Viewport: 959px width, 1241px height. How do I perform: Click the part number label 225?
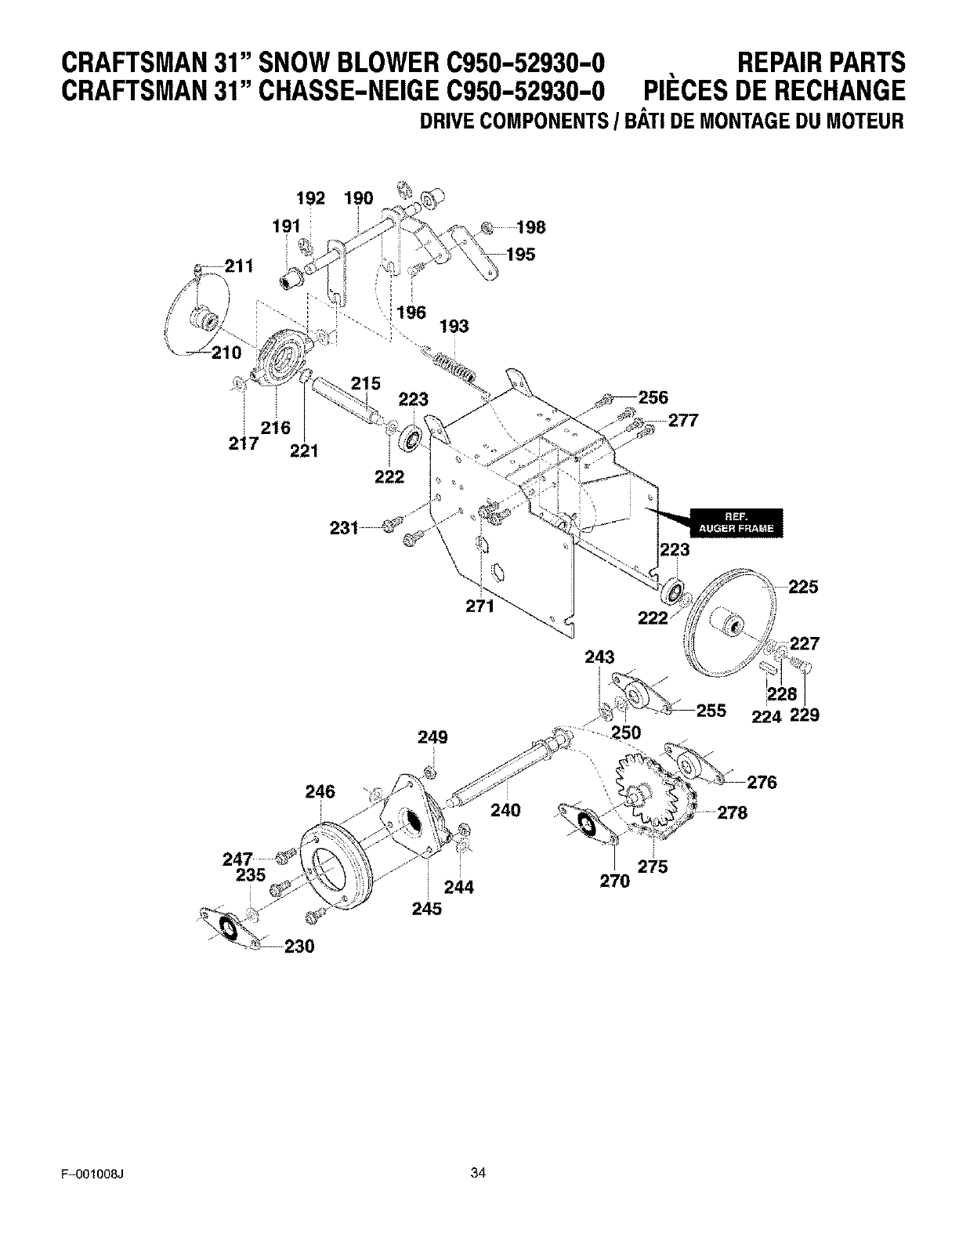pyautogui.click(x=803, y=586)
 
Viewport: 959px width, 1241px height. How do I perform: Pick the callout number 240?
pyautogui.click(x=505, y=810)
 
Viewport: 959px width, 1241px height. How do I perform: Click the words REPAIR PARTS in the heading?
pyautogui.click(x=821, y=63)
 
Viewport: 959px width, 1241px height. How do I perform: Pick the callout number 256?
pyautogui.click(x=652, y=398)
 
